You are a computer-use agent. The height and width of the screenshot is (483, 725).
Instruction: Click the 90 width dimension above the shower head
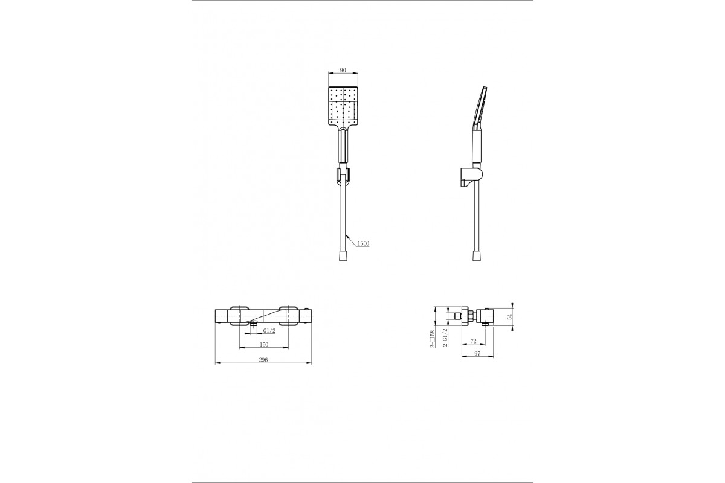click(x=343, y=70)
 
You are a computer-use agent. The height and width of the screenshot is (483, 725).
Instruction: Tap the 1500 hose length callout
click(x=363, y=243)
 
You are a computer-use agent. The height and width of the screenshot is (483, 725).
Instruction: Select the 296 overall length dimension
click(x=263, y=360)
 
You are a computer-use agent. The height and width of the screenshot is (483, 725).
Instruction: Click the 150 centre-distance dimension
click(x=264, y=345)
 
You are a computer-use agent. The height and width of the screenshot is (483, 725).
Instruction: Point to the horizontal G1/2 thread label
click(x=269, y=331)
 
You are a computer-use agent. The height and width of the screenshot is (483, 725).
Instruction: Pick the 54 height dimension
click(x=510, y=317)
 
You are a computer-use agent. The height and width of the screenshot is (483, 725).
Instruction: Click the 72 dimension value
click(x=473, y=341)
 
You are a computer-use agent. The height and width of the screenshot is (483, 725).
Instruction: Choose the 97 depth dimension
click(x=477, y=354)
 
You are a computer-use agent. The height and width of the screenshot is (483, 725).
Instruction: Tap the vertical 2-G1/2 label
click(x=445, y=337)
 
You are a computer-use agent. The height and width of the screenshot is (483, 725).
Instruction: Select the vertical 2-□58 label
click(x=432, y=339)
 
